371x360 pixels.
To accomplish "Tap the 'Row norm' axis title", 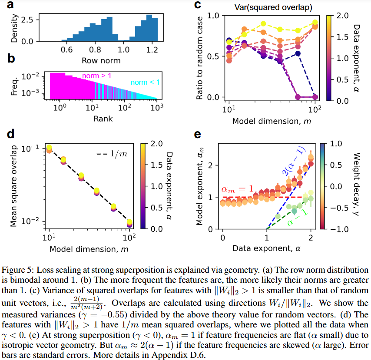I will [x=101, y=60].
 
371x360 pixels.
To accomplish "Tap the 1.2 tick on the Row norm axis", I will [x=152, y=50].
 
